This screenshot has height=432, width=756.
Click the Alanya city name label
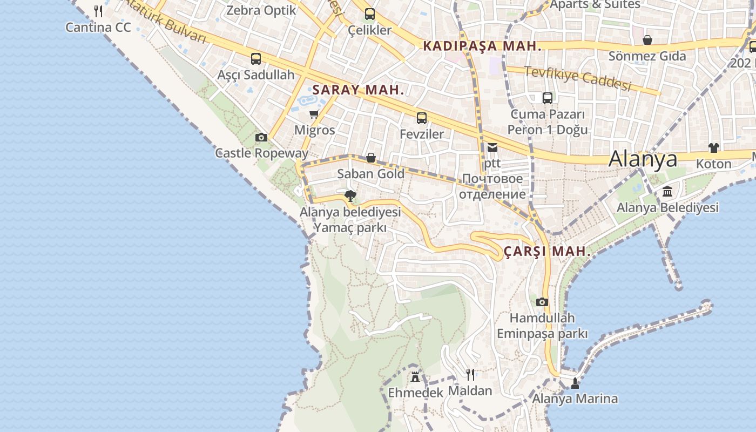643,159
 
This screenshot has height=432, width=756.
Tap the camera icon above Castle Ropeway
261,138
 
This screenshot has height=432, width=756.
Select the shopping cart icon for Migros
314,114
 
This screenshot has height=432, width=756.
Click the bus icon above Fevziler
422,118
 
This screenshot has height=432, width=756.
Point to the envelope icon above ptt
492,147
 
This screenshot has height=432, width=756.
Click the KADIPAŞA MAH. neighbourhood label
482,46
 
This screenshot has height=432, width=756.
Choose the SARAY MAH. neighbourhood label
359,90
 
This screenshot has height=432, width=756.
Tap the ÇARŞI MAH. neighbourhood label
547,252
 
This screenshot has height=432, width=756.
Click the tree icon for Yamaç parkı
350,195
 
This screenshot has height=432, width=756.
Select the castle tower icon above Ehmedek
415,376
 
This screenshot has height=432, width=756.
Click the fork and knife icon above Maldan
470,374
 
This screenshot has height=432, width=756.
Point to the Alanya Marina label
575,399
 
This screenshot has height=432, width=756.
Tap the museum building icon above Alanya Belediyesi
667,192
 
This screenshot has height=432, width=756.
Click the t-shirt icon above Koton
714,148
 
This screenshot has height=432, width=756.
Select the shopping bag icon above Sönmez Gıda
647,40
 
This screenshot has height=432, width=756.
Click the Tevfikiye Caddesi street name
577,79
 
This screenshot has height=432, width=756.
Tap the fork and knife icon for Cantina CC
98,11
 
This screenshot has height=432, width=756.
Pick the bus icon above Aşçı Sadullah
256,59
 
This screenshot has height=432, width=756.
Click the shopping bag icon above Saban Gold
371,158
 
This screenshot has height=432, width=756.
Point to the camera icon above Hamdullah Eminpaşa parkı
542,302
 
